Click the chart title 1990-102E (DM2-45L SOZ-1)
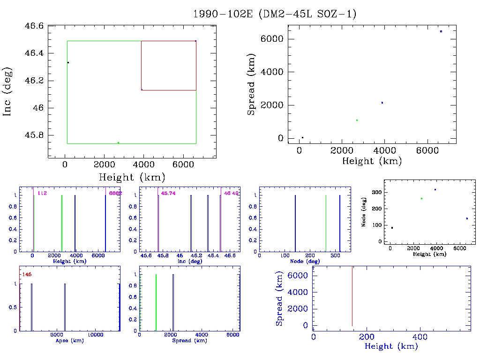(x=275, y=14)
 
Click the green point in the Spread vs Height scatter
(x=357, y=120)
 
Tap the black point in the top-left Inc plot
(x=68, y=62)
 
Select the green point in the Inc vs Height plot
(x=118, y=142)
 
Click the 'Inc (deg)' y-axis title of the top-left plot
(x=8, y=92)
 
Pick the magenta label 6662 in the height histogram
(x=115, y=193)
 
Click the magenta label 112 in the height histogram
(x=42, y=193)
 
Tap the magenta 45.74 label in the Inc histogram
(x=168, y=193)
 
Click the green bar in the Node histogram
(x=326, y=224)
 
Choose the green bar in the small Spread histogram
(x=156, y=302)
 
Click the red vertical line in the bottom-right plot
(x=352, y=296)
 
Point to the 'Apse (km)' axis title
(x=69, y=341)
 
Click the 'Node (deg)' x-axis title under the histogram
(x=305, y=261)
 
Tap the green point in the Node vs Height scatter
(x=421, y=198)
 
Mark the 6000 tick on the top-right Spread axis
(x=274, y=39)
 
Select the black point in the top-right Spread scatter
(x=302, y=137)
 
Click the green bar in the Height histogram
(x=62, y=224)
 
